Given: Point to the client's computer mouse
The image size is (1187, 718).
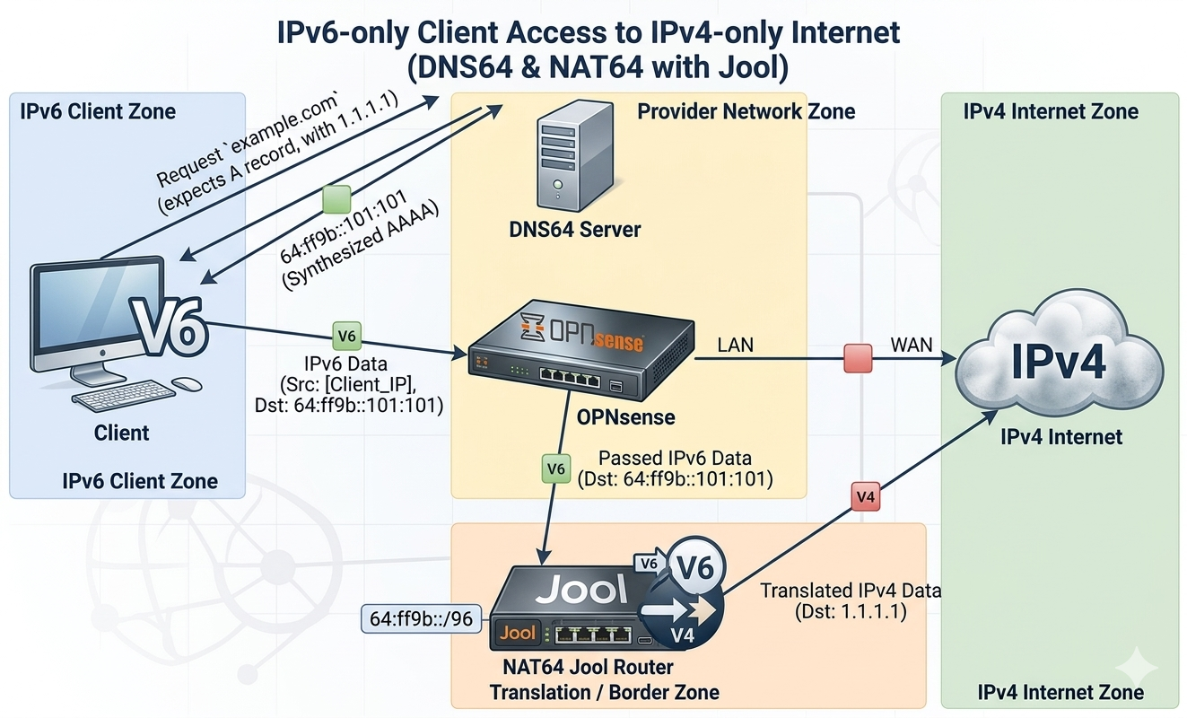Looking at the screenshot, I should click(186, 383).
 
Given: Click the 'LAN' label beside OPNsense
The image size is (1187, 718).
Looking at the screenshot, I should click(737, 344).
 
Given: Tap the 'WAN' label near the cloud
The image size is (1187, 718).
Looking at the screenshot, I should click(910, 344).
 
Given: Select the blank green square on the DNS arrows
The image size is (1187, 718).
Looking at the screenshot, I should click(336, 198).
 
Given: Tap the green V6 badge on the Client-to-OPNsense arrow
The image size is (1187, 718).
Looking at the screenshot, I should click(346, 337).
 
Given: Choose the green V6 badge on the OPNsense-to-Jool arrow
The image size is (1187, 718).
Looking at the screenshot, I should click(556, 468).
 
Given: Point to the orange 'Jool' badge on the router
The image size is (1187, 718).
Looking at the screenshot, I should click(518, 633).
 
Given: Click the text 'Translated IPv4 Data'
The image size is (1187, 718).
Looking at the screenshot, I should click(851, 591).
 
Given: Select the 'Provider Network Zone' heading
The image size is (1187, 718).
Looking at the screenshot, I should click(746, 112).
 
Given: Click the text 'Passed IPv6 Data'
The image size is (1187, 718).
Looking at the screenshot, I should click(675, 459).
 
